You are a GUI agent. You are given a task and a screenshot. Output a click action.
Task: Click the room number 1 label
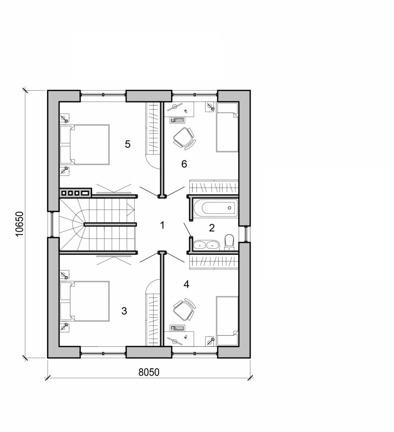tap(162, 225)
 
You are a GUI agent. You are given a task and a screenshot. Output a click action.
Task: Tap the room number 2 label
tap(212, 228)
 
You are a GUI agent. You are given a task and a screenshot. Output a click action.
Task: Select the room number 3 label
tap(124, 311)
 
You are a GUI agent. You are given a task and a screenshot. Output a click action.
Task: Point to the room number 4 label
tap(186, 284)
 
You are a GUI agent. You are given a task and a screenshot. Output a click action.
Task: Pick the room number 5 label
tap(128, 144)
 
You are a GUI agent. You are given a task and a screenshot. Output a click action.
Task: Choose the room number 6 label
tap(184, 164)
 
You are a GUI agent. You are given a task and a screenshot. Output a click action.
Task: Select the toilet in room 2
tap(230, 242)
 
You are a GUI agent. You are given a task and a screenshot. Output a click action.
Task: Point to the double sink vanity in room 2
tap(206, 244)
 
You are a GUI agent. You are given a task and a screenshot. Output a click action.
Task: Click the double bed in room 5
tap(85, 145)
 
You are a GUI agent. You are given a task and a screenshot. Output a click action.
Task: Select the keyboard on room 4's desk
tap(177, 327)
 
